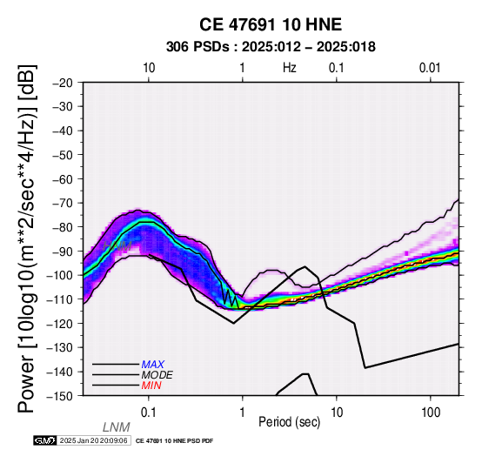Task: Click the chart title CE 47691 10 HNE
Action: pos(271,24)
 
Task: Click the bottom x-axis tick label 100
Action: pos(431,413)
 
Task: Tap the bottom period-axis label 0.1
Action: pos(149,413)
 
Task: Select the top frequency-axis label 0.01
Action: pos(430,68)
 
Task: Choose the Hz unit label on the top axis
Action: pos(290,68)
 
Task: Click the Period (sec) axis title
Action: pos(289,422)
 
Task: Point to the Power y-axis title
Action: pos(26,238)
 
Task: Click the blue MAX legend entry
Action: pos(153,365)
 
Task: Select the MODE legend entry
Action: pos(157,375)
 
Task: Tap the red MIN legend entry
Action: pos(151,386)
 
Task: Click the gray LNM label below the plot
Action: pos(117,427)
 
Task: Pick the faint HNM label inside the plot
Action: pos(117,245)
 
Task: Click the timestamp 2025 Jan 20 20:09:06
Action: pos(93,440)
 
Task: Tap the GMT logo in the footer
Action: pos(45,440)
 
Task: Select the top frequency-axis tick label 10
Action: pos(149,68)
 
